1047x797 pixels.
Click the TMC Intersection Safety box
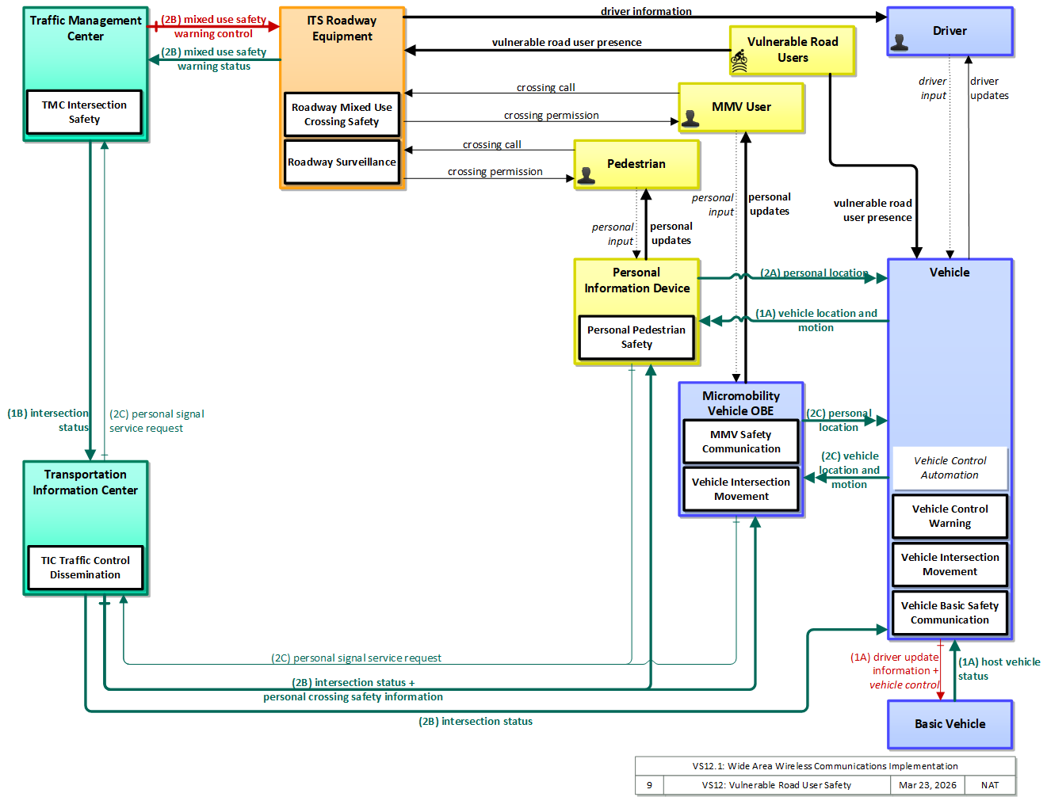tap(84, 112)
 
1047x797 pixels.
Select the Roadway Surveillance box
tap(342, 162)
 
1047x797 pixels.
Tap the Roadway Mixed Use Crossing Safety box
tap(342, 114)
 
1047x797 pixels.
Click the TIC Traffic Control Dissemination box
tap(85, 567)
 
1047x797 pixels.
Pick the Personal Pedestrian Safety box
tap(636, 337)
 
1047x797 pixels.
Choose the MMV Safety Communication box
tap(741, 441)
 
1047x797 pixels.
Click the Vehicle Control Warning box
tap(950, 517)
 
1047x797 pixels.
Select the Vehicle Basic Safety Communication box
tap(950, 612)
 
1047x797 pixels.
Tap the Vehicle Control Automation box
tap(950, 468)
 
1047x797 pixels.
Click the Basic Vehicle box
tap(950, 724)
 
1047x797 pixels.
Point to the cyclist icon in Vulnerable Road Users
tap(739, 61)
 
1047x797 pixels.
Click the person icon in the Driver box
tap(899, 43)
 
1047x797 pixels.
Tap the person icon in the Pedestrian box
tap(587, 175)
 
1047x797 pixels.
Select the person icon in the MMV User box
tap(690, 118)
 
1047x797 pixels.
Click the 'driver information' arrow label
tap(646, 11)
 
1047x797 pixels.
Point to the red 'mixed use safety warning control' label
tap(213, 27)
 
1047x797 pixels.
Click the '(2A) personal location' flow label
tap(814, 273)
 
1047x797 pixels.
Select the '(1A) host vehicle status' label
tap(999, 669)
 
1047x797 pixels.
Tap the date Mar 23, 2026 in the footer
tap(927, 785)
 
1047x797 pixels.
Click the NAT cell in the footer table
tap(990, 785)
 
